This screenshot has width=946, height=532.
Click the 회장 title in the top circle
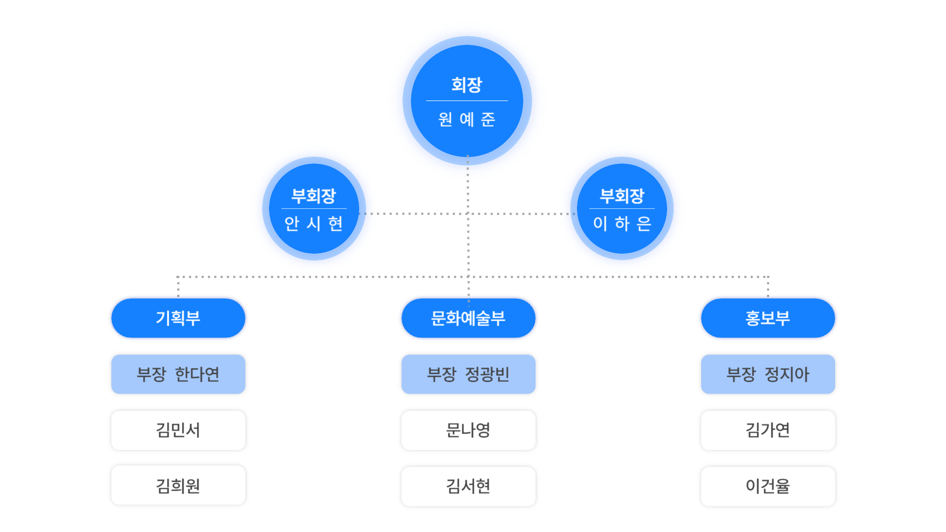coord(467,85)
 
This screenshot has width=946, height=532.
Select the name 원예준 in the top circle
coord(467,119)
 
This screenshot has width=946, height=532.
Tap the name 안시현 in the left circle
coord(314,224)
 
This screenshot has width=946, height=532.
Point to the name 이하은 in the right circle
coord(622,224)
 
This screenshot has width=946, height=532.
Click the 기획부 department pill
coord(178,318)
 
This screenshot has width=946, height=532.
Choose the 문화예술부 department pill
coord(468,318)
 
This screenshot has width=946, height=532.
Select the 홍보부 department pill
coord(768,318)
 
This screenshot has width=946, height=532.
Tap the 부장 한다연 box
coord(178,374)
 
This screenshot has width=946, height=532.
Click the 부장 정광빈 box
coord(468,374)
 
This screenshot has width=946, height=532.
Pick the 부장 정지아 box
coord(768,374)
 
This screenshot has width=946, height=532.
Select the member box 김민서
coord(178,430)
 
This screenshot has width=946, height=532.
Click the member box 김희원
coord(178,486)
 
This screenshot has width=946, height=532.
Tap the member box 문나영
coord(468,430)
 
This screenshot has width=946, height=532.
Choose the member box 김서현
coord(468,486)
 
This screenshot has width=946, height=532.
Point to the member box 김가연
coord(768,430)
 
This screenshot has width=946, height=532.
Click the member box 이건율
coord(768,486)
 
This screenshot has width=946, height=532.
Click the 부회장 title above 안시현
coord(314,196)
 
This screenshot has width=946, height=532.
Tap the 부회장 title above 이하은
coord(622,196)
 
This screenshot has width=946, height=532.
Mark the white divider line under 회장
coord(467,101)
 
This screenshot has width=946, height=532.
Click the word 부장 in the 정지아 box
coord(741,374)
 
